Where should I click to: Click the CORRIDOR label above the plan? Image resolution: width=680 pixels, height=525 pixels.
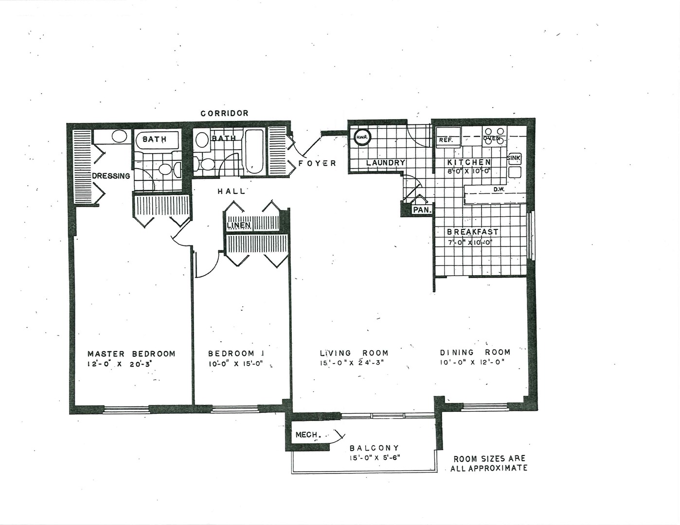[x=225, y=113]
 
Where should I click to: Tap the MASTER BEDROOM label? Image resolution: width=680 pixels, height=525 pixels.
[x=131, y=353]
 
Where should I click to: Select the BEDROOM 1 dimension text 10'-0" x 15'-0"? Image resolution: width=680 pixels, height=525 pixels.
[x=235, y=364]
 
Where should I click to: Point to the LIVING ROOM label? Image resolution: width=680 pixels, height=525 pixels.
[x=354, y=353]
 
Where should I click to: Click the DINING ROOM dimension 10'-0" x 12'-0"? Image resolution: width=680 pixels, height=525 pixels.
[x=475, y=362]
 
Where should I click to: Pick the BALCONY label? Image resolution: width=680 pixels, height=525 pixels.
[x=375, y=448]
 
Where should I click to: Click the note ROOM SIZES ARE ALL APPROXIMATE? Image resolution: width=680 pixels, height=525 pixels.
[x=489, y=463]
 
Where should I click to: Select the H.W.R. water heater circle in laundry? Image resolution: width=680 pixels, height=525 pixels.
[x=361, y=138]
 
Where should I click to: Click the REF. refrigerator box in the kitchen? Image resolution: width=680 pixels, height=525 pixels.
[x=447, y=140]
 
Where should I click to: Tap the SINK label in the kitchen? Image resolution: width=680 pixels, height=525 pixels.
[x=514, y=158]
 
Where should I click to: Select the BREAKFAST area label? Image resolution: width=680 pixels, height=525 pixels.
[x=472, y=232]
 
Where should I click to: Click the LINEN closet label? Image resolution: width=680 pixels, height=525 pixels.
[x=239, y=225]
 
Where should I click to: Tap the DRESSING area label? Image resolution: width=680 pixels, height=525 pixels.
[x=111, y=176]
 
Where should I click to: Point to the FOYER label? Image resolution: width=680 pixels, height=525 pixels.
[x=317, y=163]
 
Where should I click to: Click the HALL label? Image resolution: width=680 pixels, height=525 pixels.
[x=232, y=192]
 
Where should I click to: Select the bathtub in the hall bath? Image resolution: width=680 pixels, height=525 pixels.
[x=254, y=151]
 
